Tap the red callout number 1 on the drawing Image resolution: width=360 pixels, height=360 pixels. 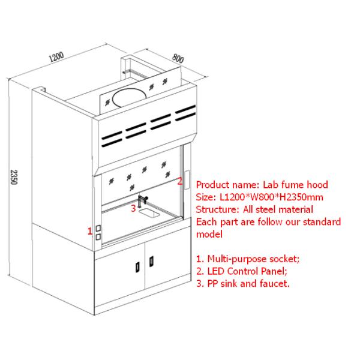[x=90, y=229]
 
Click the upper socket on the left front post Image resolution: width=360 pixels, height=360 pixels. [x=97, y=229]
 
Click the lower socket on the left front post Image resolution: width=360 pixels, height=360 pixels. [x=97, y=238]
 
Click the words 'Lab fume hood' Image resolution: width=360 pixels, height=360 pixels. [x=295, y=185]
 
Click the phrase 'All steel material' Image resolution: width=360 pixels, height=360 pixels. [x=278, y=209]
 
